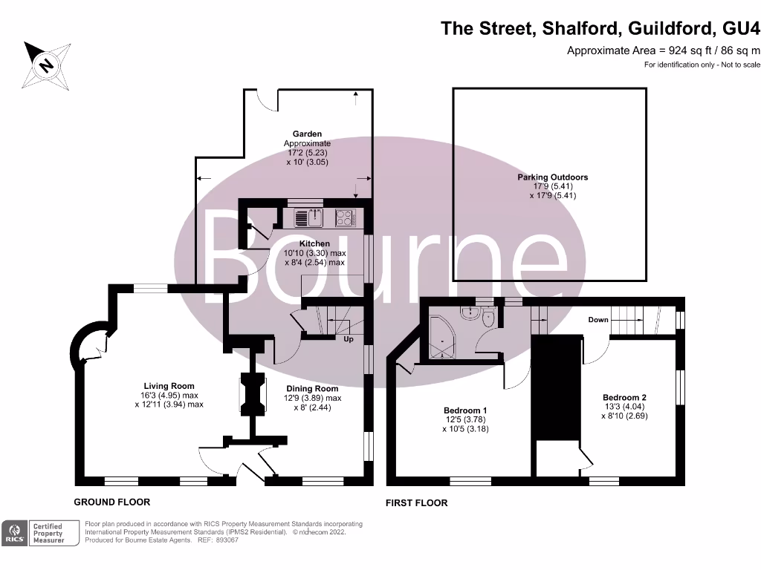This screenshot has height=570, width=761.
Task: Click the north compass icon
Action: (47, 65)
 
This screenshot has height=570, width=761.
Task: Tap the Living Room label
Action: (169, 386)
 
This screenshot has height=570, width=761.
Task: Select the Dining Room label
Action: (312, 388)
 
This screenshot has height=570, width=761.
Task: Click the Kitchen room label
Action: (314, 243)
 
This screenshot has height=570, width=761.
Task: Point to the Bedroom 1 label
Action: (465, 410)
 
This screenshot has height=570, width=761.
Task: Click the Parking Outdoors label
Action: (552, 177)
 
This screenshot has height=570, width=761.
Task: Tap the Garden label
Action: (307, 134)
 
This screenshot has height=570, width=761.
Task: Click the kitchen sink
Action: (308, 218)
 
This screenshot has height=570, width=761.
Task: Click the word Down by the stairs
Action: (598, 320)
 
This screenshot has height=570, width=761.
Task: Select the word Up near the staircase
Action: (348, 340)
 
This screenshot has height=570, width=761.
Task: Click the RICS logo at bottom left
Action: (13, 533)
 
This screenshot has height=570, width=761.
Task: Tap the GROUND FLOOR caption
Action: (111, 502)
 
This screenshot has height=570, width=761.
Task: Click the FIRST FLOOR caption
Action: (416, 503)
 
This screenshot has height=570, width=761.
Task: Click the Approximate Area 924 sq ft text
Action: (663, 50)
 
